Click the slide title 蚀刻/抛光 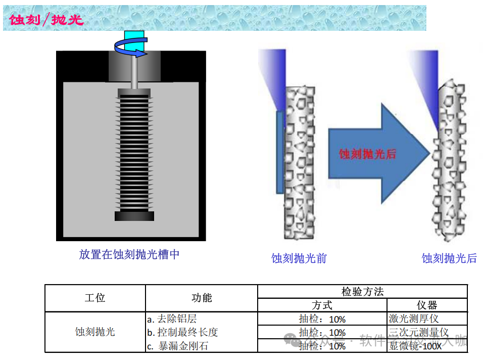[46, 19]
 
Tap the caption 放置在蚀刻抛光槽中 [129, 254]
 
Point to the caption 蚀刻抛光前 [299, 258]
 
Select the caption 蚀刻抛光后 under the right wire [449, 258]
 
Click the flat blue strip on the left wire [279, 152]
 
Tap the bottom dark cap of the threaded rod [134, 216]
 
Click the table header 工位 [95, 298]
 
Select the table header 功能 [202, 298]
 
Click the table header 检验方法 [362, 292]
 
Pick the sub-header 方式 [322, 305]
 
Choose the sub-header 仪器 [427, 305]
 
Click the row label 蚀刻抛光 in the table [95, 332]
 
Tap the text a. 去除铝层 [172, 319]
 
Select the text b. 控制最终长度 [182, 332]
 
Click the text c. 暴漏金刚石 [177, 346]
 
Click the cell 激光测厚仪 [414, 319]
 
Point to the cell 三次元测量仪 [419, 332]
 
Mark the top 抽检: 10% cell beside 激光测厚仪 [322, 319]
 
